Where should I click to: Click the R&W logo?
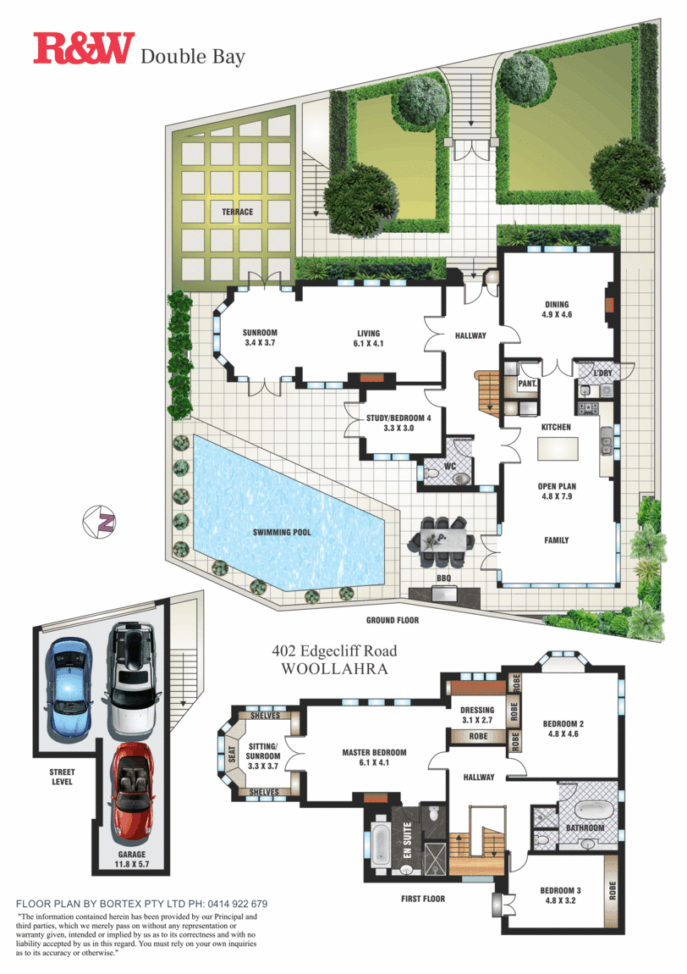(x=84, y=47)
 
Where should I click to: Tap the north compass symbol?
(x=99, y=522)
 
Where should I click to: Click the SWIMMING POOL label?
(x=282, y=533)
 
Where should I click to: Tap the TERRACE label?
(x=238, y=212)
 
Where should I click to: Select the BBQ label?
(x=443, y=578)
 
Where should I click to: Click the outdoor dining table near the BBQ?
(x=442, y=541)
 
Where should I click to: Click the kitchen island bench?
(x=558, y=449)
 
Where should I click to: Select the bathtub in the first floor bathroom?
(x=594, y=810)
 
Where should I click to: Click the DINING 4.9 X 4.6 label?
(x=557, y=309)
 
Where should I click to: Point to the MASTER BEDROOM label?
(x=374, y=752)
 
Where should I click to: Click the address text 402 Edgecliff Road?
(x=334, y=651)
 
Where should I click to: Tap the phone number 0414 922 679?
(x=238, y=904)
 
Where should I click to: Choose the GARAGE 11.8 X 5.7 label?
(x=132, y=859)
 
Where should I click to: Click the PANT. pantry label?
(x=527, y=384)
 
